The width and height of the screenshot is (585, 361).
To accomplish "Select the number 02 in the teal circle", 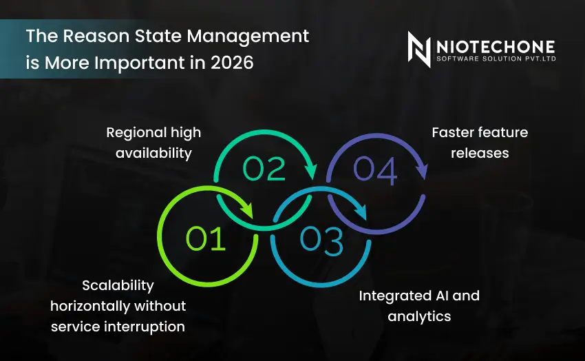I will (264, 169).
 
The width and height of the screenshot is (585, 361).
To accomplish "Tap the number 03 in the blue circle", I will (321, 240).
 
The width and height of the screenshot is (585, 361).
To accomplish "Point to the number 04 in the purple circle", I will (375, 172).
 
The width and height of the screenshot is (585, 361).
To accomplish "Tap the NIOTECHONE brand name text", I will (496, 45).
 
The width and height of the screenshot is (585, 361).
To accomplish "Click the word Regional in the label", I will (135, 132).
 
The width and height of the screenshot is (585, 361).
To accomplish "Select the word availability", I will (153, 153).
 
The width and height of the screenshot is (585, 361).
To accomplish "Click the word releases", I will (480, 153).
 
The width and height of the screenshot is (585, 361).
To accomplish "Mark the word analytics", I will (419, 316).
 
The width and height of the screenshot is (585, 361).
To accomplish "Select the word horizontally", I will (90, 306).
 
